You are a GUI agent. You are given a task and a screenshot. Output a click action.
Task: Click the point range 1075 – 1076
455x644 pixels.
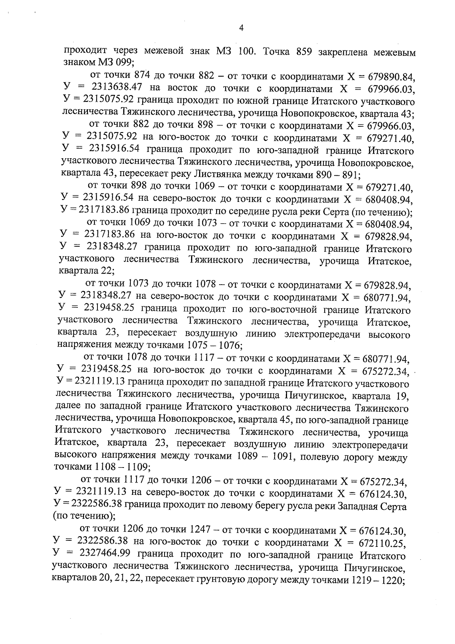tap(214, 345)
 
